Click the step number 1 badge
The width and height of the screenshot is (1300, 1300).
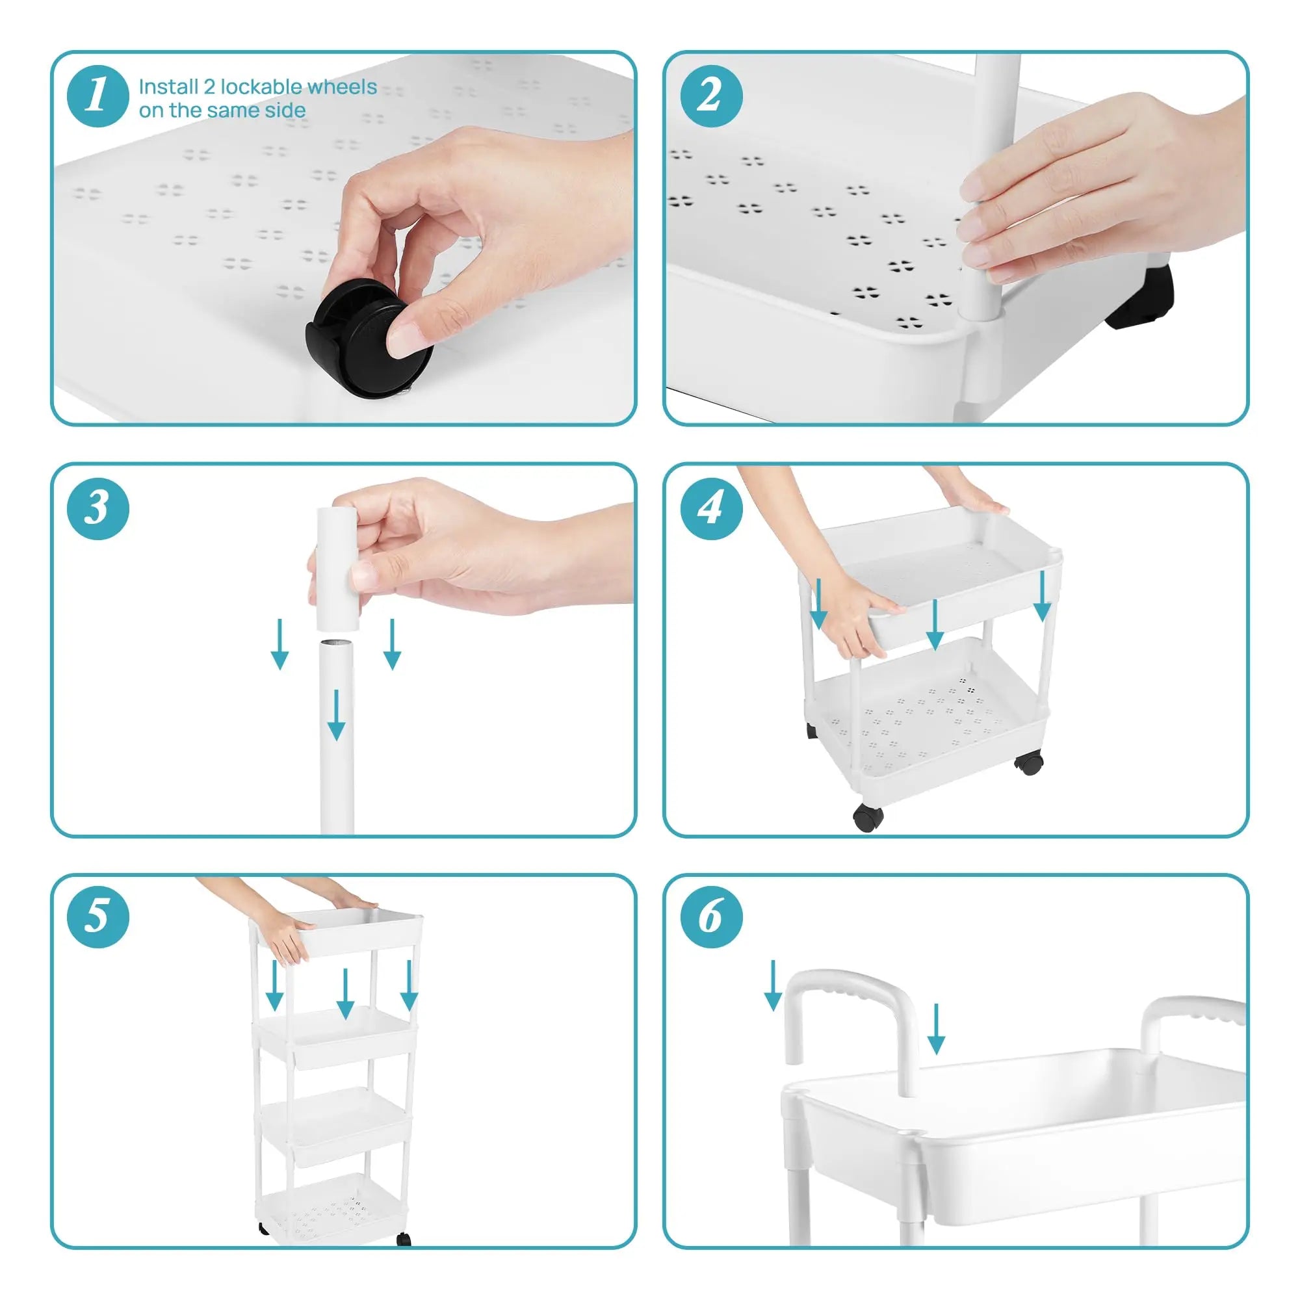[x=97, y=96]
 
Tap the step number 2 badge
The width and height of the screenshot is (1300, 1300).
[x=711, y=96]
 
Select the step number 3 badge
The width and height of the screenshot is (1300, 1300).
[x=97, y=508]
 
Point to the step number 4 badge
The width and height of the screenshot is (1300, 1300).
[x=711, y=508]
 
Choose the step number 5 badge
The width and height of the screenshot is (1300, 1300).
[x=97, y=917]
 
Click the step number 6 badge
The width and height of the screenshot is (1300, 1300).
[x=711, y=917]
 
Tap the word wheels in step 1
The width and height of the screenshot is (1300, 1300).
[x=343, y=87]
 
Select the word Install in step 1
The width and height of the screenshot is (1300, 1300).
[x=168, y=87]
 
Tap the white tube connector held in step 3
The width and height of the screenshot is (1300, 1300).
[x=337, y=569]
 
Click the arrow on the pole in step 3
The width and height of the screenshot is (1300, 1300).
[x=336, y=713]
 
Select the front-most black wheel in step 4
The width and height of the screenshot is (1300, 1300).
[x=868, y=818]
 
